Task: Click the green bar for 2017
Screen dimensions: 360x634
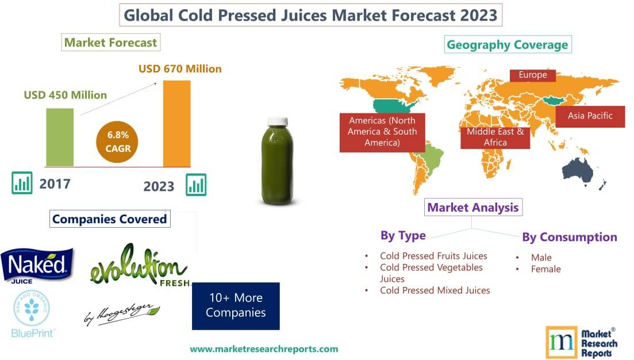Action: tap(60, 137)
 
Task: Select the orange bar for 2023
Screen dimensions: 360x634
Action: tap(176, 123)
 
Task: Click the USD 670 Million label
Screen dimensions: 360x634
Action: tap(180, 68)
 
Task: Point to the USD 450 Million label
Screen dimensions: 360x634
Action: tap(65, 95)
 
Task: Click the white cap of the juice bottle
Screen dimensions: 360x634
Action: tap(278, 121)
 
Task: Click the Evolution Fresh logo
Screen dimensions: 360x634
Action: tap(139, 267)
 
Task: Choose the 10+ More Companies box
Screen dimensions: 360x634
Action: tap(236, 305)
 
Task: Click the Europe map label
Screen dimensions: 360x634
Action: tap(533, 75)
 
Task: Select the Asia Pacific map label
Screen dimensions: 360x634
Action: tap(590, 116)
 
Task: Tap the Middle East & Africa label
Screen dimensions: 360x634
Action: tap(495, 137)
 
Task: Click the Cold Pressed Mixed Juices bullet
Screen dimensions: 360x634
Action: tap(435, 290)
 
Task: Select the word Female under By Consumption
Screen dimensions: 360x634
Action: tap(545, 269)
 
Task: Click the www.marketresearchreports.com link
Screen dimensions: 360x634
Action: tap(264, 348)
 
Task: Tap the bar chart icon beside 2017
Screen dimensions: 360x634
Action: tap(22, 184)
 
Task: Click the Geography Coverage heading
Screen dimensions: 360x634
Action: tap(507, 44)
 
